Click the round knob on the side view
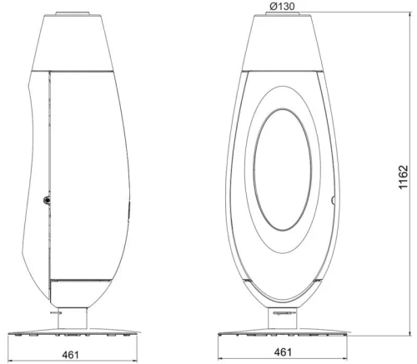48,200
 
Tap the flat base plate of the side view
74,334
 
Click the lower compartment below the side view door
79,292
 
